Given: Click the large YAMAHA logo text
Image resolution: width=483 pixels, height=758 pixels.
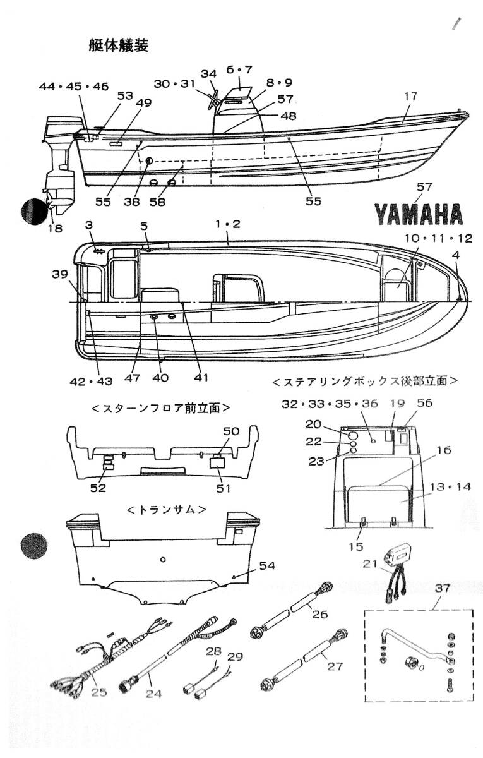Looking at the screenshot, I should tap(419, 214).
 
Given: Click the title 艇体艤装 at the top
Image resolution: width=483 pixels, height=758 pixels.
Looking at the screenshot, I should tap(119, 45).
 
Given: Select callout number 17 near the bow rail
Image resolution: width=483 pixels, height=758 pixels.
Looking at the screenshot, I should tap(411, 97).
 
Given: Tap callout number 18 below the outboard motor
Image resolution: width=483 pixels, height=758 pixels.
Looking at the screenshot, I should tap(55, 228).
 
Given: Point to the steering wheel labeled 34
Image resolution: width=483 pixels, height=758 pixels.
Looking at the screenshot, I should tap(215, 97).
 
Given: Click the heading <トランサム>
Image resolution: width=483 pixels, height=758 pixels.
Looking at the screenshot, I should tap(166, 509).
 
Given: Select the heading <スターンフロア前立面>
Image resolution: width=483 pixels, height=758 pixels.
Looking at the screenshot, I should tap(160, 408).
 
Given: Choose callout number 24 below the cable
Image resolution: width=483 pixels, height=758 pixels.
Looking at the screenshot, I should tap(153, 694).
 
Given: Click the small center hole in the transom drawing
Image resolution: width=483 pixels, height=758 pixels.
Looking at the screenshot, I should tap(163, 559).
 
